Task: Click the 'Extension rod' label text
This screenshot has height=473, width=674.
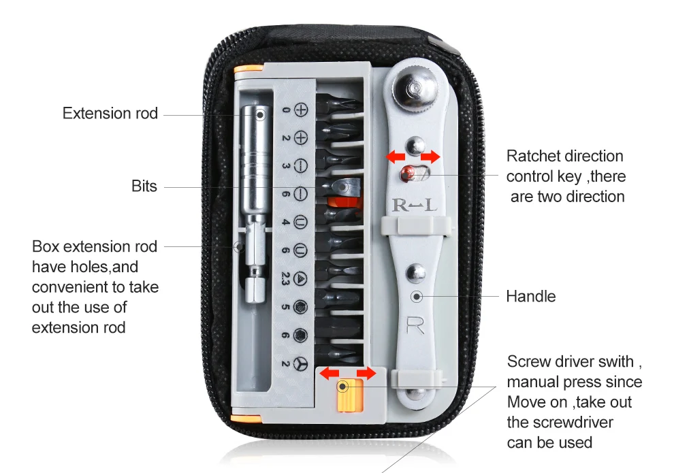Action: click(110, 113)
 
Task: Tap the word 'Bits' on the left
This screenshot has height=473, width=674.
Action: click(144, 186)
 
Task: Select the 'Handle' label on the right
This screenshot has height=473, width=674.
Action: click(530, 296)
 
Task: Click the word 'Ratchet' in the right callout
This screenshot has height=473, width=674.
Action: click(533, 156)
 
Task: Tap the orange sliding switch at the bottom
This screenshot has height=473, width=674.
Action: click(347, 395)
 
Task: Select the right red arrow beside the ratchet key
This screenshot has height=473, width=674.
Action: click(431, 157)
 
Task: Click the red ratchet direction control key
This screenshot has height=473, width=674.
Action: click(408, 173)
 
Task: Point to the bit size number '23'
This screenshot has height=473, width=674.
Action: click(286, 278)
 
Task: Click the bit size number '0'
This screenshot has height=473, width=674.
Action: click(286, 110)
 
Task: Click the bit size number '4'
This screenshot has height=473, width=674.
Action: click(286, 222)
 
